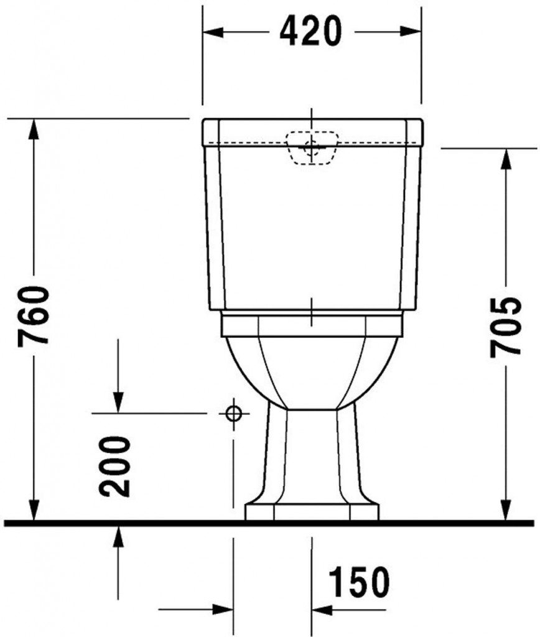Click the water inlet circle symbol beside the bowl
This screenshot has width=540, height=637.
point(233,413)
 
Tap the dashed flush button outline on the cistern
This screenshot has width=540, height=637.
point(311,148)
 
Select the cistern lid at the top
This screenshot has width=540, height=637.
point(313,131)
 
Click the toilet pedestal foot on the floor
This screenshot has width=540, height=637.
point(312,511)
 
